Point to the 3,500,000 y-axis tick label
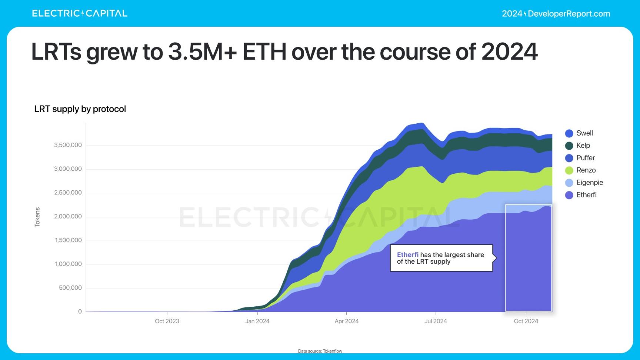coord(68,145)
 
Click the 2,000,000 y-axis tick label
coord(68,217)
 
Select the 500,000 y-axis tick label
coord(70,288)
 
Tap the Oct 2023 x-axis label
coord(167,321)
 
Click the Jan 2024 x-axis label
coord(257,321)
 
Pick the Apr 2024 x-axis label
coord(347,321)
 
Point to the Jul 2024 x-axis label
coord(436,321)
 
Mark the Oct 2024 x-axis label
coord(526,321)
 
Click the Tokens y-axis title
coord(37,217)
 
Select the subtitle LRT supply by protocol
coord(80,109)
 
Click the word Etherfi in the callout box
coord(407,255)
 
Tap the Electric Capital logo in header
coord(80,14)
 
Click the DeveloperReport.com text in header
coord(569,14)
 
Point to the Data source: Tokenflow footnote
coord(320,351)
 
